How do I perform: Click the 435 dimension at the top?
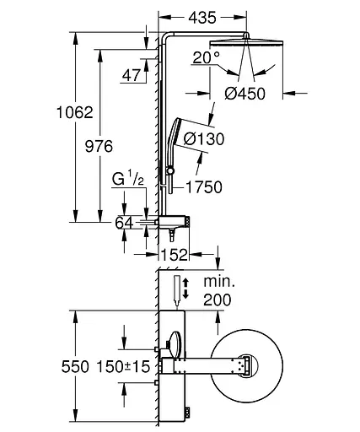tap(202, 18)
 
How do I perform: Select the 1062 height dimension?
tap(75, 112)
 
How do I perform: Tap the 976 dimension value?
tap(99, 147)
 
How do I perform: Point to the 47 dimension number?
tap(132, 75)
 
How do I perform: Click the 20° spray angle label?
tap(207, 58)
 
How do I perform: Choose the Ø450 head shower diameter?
tap(244, 94)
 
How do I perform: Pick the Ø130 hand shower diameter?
tap(204, 139)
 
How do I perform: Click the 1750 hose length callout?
tap(204, 187)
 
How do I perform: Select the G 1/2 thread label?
tap(128, 178)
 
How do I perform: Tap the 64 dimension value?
tap(124, 223)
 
